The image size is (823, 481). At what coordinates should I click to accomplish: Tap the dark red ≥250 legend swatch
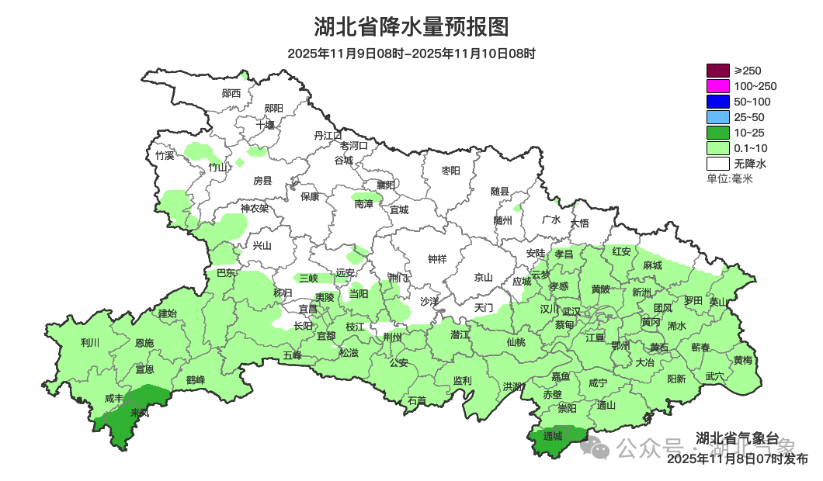718,71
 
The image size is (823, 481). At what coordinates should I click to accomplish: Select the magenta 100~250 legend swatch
718,86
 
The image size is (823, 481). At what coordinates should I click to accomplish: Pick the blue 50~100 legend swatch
718,102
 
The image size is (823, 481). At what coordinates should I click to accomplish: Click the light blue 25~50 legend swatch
718,117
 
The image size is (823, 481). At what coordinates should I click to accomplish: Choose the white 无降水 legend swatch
718,164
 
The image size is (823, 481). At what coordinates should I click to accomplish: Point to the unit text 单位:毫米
730,179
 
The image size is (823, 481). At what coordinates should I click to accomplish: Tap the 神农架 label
254,208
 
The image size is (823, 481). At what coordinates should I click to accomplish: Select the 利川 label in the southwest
90,342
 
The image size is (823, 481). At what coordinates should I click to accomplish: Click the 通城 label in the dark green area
553,437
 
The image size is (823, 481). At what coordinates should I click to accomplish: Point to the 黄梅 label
742,360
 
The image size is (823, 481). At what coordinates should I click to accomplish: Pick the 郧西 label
231,93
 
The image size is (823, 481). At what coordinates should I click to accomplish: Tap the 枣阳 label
450,170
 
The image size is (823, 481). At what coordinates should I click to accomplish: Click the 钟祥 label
438,259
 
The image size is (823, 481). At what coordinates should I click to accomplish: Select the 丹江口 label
328,135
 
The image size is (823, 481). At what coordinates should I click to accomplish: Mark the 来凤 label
140,413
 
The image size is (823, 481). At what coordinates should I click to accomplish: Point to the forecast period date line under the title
411,54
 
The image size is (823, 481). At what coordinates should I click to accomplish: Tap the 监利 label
462,380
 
